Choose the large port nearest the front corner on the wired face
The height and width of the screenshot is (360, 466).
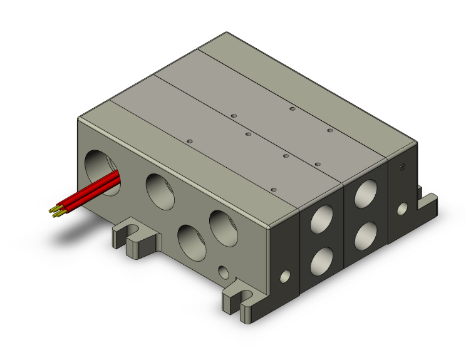223,227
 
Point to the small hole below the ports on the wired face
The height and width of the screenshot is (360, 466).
223,272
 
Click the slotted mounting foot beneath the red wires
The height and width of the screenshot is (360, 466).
133,237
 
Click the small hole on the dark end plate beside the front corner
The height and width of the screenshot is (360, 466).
285,275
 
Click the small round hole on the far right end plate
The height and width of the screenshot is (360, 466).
403,207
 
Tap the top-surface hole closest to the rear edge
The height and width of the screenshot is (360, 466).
293,109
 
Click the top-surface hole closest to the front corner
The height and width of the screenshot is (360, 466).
273,188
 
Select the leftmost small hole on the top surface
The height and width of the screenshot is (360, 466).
189,141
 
